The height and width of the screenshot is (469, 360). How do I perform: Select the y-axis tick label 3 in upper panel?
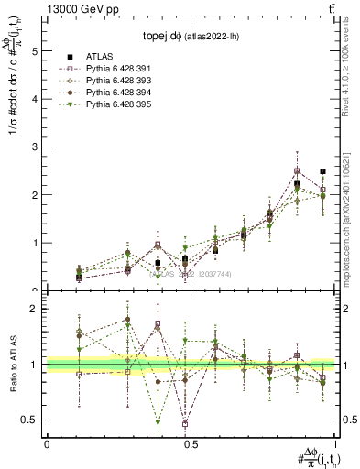(x=36, y=147)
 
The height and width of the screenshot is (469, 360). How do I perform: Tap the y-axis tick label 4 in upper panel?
(x=36, y=99)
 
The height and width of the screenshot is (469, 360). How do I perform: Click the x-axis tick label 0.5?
(x=191, y=444)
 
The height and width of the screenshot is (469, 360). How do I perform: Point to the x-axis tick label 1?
(x=335, y=444)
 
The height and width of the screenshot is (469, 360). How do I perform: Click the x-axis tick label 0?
(x=46, y=444)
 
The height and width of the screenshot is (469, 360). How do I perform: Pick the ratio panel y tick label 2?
(x=36, y=309)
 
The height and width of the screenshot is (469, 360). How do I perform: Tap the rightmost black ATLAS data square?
(x=323, y=171)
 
